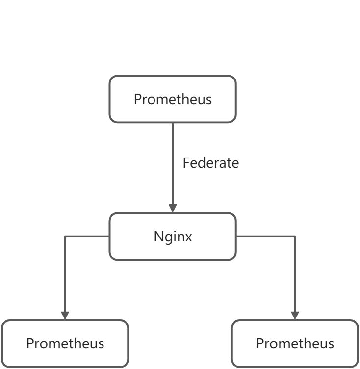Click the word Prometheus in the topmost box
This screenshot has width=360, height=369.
[x=173, y=99]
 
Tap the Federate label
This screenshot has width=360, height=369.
[x=210, y=163]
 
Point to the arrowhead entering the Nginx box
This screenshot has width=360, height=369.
[x=173, y=208]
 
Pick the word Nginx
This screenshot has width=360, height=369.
[x=173, y=237]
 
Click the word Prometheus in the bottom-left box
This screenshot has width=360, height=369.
[x=65, y=343]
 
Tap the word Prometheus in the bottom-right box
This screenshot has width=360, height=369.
[x=295, y=343]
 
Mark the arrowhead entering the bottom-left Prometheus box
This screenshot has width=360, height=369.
[x=65, y=315]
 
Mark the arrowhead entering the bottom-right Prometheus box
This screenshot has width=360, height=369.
[x=295, y=315]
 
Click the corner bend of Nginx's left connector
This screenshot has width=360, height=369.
[x=65, y=237]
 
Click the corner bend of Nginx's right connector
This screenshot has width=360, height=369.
[x=295, y=237]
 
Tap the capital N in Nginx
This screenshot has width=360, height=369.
[x=158, y=237]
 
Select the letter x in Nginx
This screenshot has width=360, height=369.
[x=189, y=237]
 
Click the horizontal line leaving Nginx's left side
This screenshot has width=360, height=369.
[x=87, y=237]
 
